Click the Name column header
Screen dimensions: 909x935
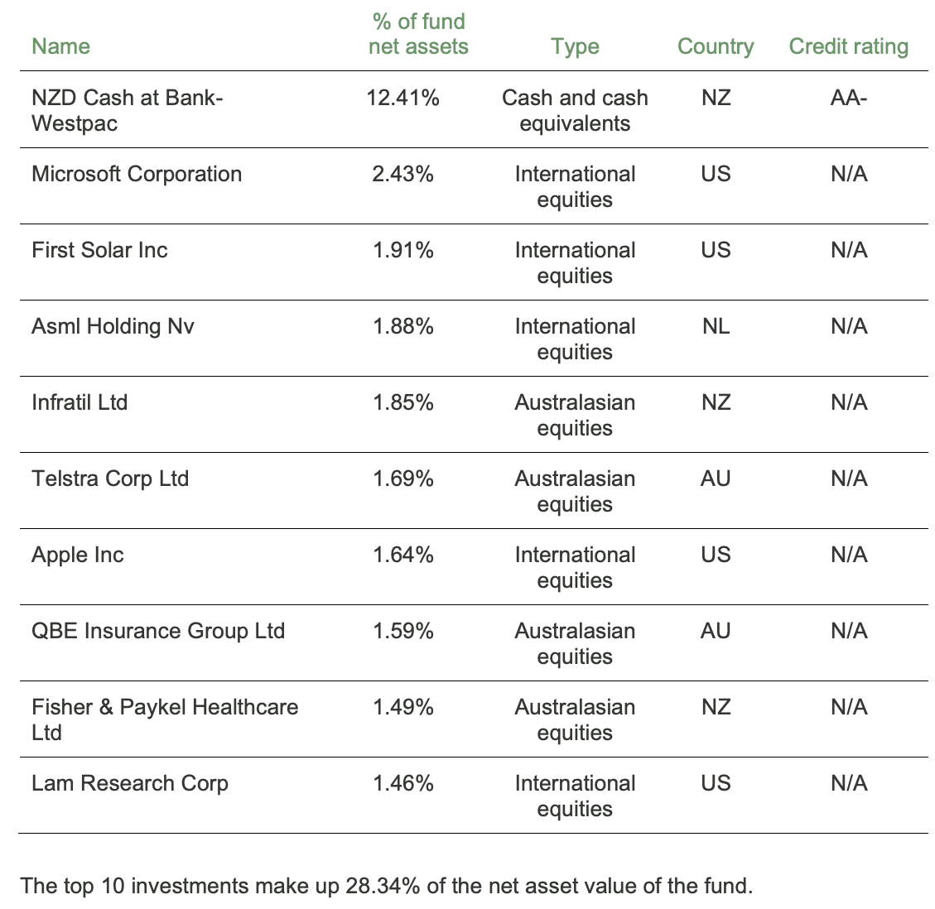pyautogui.click(x=60, y=46)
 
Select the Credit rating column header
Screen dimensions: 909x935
pyautogui.click(x=848, y=46)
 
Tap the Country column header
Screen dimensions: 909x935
pyautogui.click(x=715, y=46)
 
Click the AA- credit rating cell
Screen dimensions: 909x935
pyautogui.click(x=848, y=98)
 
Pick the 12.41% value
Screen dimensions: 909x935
pyautogui.click(x=402, y=98)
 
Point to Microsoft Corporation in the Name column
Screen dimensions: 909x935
pyautogui.click(x=137, y=174)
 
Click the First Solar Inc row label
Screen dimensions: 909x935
pyautogui.click(x=99, y=250)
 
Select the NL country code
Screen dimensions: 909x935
pyautogui.click(x=716, y=326)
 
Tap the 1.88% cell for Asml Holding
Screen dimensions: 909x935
pyautogui.click(x=402, y=326)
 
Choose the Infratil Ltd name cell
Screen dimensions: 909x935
pyautogui.click(x=80, y=402)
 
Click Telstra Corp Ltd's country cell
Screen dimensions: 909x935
pyautogui.click(x=716, y=479)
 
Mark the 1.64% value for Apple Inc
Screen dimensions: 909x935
pyautogui.click(x=402, y=555)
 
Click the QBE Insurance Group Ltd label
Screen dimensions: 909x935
pyautogui.click(x=158, y=631)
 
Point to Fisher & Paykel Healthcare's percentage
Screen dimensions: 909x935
pyautogui.click(x=402, y=707)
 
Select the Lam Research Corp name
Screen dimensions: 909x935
pyautogui.click(x=130, y=783)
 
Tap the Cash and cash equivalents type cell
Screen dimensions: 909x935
pyautogui.click(x=575, y=110)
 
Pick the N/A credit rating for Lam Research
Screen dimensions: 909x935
pyautogui.click(x=848, y=783)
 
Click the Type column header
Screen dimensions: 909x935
pyautogui.click(x=575, y=46)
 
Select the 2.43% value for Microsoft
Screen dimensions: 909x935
pyautogui.click(x=402, y=174)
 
